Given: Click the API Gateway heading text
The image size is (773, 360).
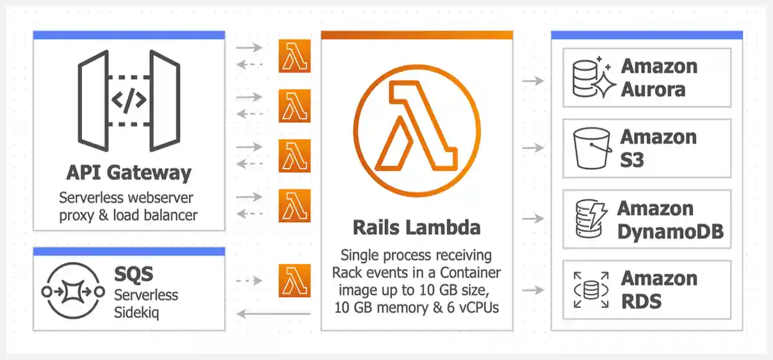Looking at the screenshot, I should (x=129, y=173).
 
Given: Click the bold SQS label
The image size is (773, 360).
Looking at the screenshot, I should (x=134, y=274).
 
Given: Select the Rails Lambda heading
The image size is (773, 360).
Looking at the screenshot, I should (x=416, y=227).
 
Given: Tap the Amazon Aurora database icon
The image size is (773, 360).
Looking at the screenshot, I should (x=593, y=78).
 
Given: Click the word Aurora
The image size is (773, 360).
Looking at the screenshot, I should (x=653, y=89).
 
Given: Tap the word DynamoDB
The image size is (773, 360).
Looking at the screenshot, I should (x=670, y=231).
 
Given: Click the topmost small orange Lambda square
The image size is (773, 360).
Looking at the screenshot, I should (x=295, y=56).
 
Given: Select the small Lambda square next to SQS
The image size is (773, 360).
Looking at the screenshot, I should (x=295, y=281).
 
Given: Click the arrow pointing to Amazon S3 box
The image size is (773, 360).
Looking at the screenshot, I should (x=533, y=148).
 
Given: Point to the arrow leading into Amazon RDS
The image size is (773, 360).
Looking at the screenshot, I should (x=533, y=290).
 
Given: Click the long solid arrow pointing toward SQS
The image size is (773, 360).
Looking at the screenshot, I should (x=273, y=314).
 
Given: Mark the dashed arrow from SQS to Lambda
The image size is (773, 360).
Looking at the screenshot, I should (x=249, y=281).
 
